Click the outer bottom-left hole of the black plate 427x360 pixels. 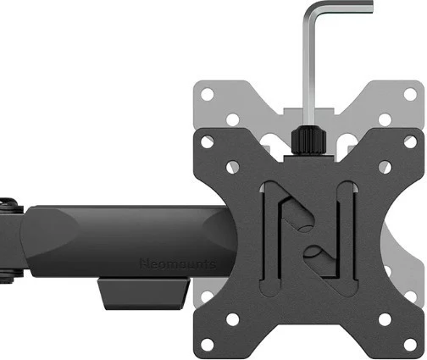(x=206, y=339)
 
